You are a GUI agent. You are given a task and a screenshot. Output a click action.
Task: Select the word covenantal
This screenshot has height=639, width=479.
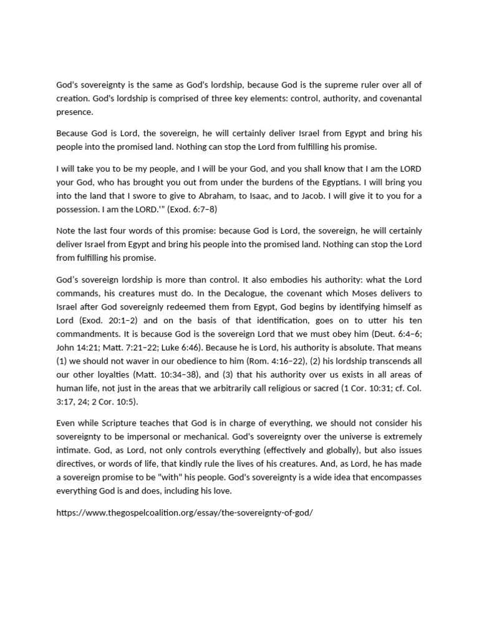[x=395, y=98]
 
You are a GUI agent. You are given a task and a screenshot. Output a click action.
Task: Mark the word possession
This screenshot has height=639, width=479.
[x=80, y=209]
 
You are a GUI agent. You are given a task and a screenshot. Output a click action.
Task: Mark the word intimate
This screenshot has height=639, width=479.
[x=74, y=449]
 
